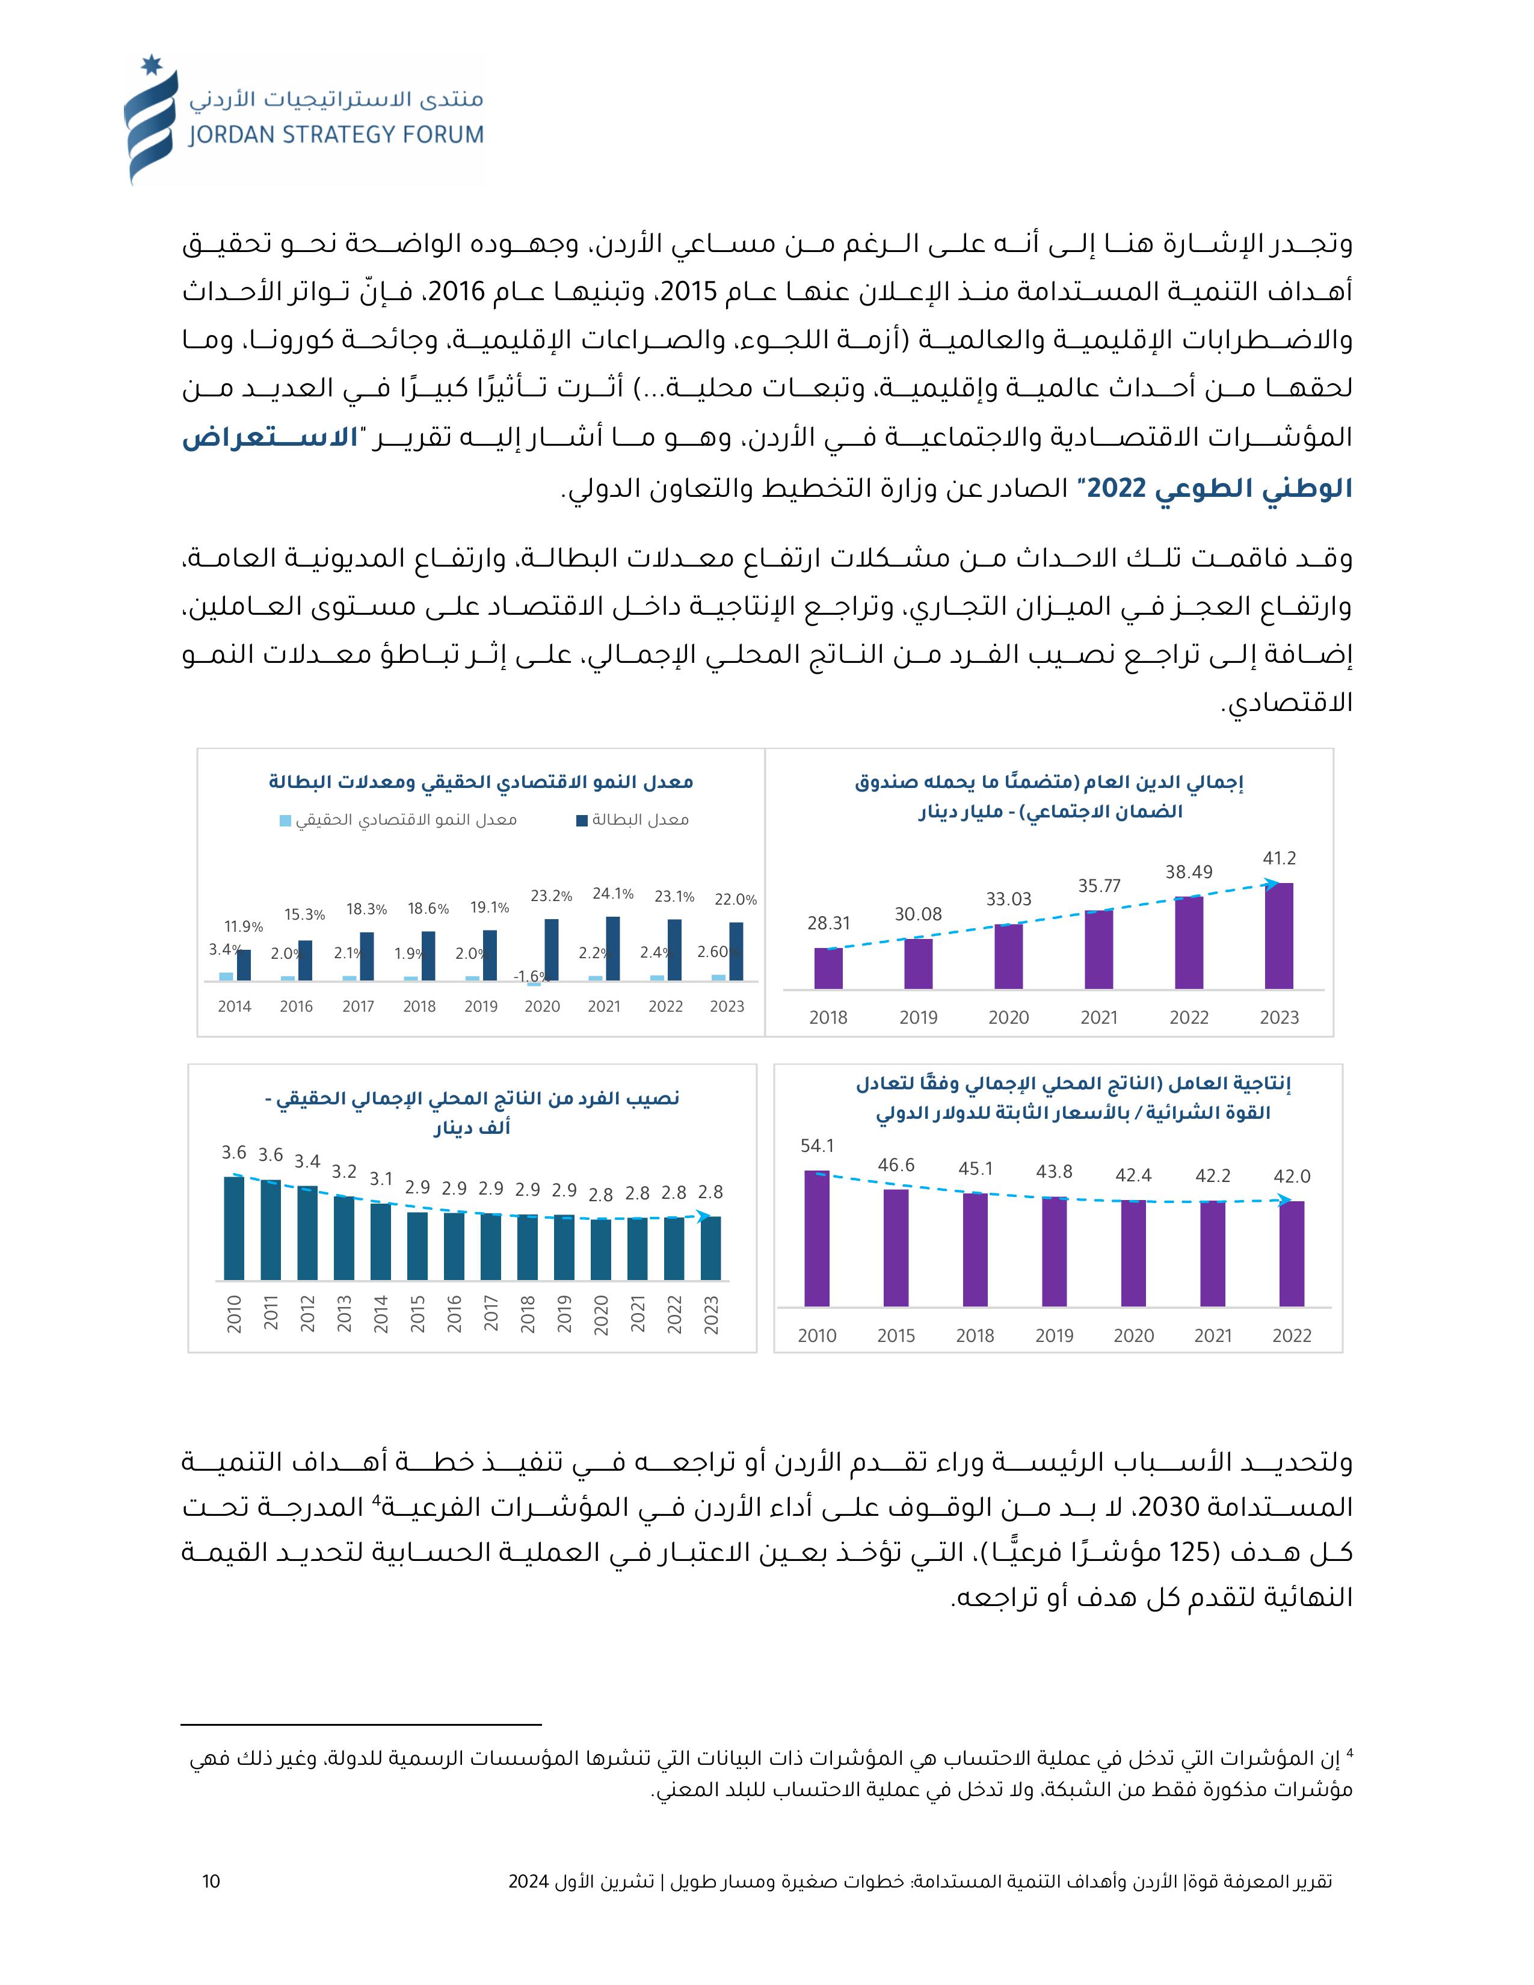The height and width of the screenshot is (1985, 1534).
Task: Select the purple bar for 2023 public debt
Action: click(1279, 935)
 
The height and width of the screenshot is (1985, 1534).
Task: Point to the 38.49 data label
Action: click(1189, 873)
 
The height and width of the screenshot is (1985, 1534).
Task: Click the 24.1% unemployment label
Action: click(612, 893)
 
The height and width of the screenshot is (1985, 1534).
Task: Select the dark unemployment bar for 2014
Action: click(244, 965)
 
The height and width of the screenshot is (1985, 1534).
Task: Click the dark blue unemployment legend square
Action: click(582, 820)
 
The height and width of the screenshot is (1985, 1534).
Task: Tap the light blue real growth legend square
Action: click(285, 820)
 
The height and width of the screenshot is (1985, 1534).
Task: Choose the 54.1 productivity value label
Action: click(817, 1146)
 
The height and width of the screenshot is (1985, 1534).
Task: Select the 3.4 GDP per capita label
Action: click(307, 1162)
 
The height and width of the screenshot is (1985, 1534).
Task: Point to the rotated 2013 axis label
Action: click(343, 1314)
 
